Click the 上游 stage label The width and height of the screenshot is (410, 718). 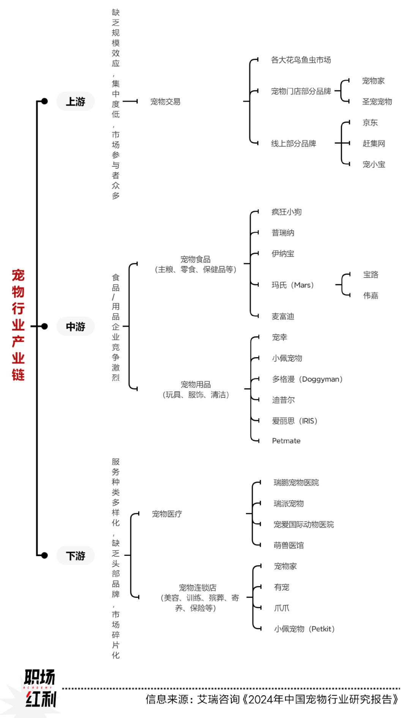76,101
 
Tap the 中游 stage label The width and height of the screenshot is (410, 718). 76,326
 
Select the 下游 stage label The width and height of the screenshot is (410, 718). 76,556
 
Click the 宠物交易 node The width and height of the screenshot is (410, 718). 165,101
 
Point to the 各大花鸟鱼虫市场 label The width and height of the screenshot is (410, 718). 301,60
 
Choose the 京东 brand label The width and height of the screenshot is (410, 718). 370,122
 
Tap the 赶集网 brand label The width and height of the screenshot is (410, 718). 374,143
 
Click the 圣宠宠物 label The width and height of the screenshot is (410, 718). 377,101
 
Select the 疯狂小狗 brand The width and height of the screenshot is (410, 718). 287,212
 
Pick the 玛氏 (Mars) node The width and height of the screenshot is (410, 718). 293,285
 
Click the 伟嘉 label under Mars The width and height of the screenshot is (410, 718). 371,295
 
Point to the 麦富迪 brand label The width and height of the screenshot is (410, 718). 283,316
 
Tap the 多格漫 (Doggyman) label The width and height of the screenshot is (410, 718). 307,379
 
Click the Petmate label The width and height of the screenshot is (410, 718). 286,441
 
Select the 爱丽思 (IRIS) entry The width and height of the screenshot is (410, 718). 295,421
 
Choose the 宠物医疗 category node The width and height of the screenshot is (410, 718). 167,514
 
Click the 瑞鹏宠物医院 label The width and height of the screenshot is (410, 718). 296,482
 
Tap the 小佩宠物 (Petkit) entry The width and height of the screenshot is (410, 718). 304,629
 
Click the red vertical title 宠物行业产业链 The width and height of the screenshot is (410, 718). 18,325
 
